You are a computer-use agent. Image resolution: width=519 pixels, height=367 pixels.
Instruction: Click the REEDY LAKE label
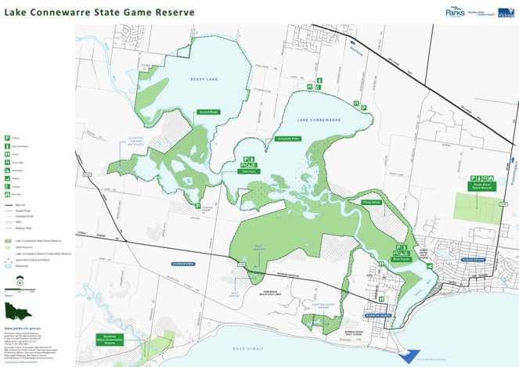pyautogui.click(x=201, y=79)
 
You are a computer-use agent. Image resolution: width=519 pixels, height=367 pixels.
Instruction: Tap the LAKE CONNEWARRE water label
pyautogui.click(x=318, y=120)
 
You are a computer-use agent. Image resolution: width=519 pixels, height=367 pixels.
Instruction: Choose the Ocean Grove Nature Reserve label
pyautogui.click(x=481, y=187)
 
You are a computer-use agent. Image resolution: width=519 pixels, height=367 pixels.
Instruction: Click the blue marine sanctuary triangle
pyautogui.click(x=410, y=354)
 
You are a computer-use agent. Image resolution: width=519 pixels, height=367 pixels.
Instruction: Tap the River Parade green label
pyautogui.click(x=401, y=261)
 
